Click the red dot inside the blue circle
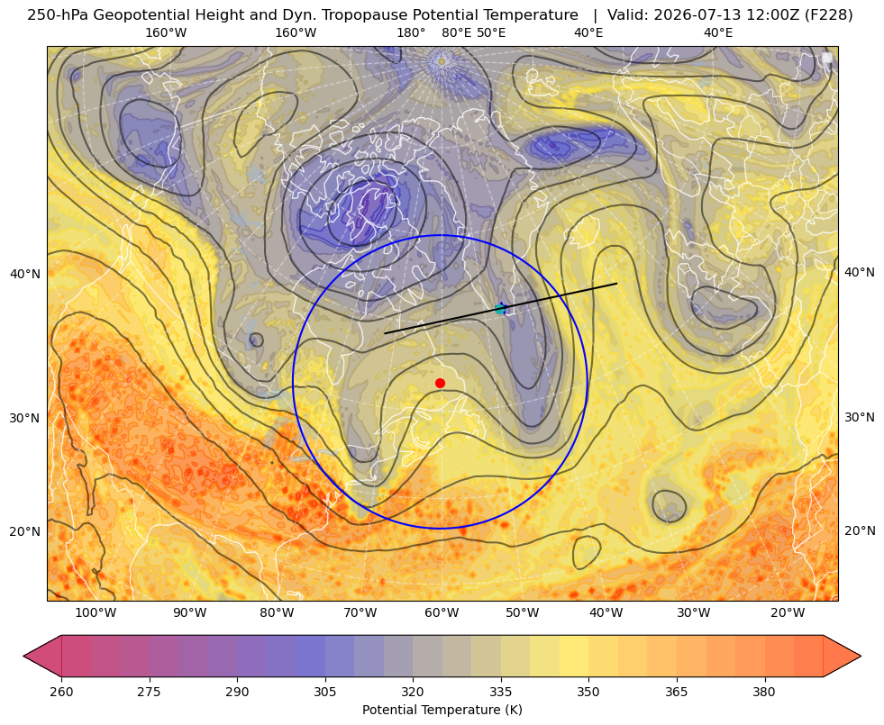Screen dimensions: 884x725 point(441,383)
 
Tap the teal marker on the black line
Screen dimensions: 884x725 point(500,309)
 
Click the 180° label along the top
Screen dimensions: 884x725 point(411,32)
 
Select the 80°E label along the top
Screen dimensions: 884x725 point(456,32)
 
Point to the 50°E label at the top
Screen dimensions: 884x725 point(491,32)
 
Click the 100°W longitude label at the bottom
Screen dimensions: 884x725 point(96,612)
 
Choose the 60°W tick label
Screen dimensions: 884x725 point(442,612)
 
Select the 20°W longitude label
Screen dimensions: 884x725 point(788,612)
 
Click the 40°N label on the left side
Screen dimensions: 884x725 point(25,275)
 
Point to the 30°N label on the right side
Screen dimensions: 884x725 point(860,417)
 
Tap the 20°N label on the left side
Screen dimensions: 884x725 point(25,531)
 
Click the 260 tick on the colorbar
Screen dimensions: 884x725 point(61,692)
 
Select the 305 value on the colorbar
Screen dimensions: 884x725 point(325,692)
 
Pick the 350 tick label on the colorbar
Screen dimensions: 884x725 point(588,692)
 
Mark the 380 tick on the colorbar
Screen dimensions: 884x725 point(764,692)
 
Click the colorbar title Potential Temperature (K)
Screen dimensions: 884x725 point(442,710)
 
